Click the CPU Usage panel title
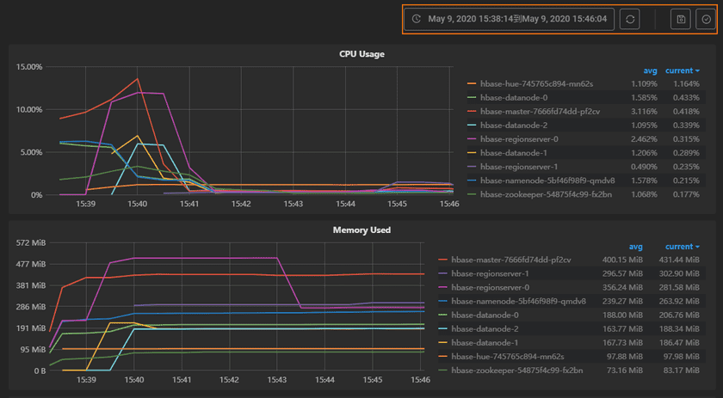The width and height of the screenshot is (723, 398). (361, 54)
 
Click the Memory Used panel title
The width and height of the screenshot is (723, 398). (361, 230)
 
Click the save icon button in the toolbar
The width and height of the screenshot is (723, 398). (681, 19)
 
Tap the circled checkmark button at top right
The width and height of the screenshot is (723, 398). (705, 19)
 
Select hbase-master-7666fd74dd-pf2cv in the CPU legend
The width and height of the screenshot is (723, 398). (540, 112)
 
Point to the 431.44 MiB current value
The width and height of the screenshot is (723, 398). (682, 260)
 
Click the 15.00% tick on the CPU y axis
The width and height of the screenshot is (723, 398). (30, 67)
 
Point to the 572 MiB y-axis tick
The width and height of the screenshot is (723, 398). (33, 243)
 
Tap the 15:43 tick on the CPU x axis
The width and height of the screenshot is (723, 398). (294, 204)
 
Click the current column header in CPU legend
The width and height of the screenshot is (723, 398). (682, 70)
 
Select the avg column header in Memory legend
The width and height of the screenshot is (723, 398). (636, 246)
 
